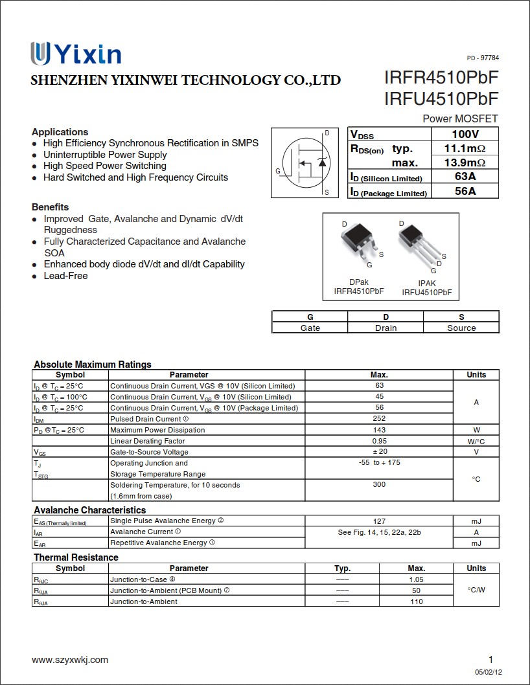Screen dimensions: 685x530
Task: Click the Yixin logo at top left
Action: click(x=75, y=54)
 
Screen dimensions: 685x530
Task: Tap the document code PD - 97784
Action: click(x=483, y=58)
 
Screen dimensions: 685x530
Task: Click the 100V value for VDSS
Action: click(x=465, y=134)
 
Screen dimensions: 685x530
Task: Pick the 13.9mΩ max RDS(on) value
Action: click(x=465, y=163)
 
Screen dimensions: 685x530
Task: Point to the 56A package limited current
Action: click(x=465, y=191)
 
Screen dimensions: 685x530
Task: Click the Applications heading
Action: click(x=60, y=131)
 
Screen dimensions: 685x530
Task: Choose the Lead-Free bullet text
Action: click(x=65, y=276)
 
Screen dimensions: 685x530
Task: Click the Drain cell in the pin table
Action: click(x=386, y=328)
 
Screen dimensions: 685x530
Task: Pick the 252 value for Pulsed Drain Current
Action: click(x=379, y=419)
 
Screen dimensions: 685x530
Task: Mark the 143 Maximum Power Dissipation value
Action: click(x=379, y=430)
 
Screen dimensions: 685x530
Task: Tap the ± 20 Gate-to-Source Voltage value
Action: click(x=379, y=452)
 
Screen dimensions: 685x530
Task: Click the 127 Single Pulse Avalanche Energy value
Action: click(x=379, y=521)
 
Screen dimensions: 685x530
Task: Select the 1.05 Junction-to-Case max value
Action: click(x=416, y=579)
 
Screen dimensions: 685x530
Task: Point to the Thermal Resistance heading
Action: click(x=76, y=557)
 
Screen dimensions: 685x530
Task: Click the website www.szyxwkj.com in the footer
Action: click(x=70, y=660)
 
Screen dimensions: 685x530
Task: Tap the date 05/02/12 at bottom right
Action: click(x=489, y=672)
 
